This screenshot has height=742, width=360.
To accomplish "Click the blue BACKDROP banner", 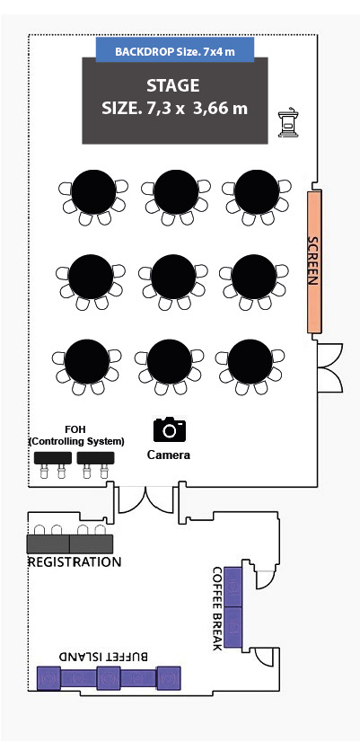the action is pyautogui.click(x=175, y=49).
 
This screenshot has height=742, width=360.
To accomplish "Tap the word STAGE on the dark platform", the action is pyautogui.click(x=172, y=85).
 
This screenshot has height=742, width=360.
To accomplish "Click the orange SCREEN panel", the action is pyautogui.click(x=314, y=261).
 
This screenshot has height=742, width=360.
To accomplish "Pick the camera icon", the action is pyautogui.click(x=170, y=429).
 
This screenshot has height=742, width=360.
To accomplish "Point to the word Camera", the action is pyautogui.click(x=169, y=455).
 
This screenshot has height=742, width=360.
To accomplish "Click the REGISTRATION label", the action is pyautogui.click(x=75, y=562).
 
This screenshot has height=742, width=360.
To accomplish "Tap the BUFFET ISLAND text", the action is pyautogui.click(x=103, y=657).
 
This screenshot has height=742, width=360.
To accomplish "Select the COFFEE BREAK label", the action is pyautogui.click(x=217, y=607).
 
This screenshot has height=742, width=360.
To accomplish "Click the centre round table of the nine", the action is pyautogui.click(x=173, y=277).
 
